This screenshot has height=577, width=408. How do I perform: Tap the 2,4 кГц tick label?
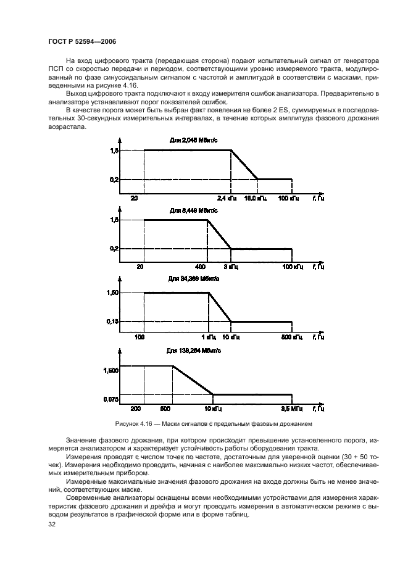pyautogui.click(x=227, y=197)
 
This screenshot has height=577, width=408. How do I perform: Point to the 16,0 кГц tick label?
pyautogui.click(x=256, y=197)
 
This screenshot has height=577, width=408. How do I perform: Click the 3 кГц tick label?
pyautogui.click(x=234, y=267)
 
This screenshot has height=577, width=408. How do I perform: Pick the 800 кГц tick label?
pyautogui.click(x=291, y=338)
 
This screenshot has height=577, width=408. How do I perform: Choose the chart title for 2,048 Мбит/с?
pyautogui.click(x=194, y=140)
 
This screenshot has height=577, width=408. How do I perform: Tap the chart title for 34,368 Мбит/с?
pyautogui.click(x=193, y=279)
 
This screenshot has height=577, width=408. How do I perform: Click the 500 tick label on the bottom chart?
pyautogui.click(x=165, y=409)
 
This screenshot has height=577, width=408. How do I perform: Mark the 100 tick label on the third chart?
pyautogui.click(x=139, y=338)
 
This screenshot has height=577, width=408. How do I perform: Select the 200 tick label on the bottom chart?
pyautogui.click(x=136, y=409)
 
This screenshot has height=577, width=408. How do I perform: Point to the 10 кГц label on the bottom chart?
pyautogui.click(x=212, y=409)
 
